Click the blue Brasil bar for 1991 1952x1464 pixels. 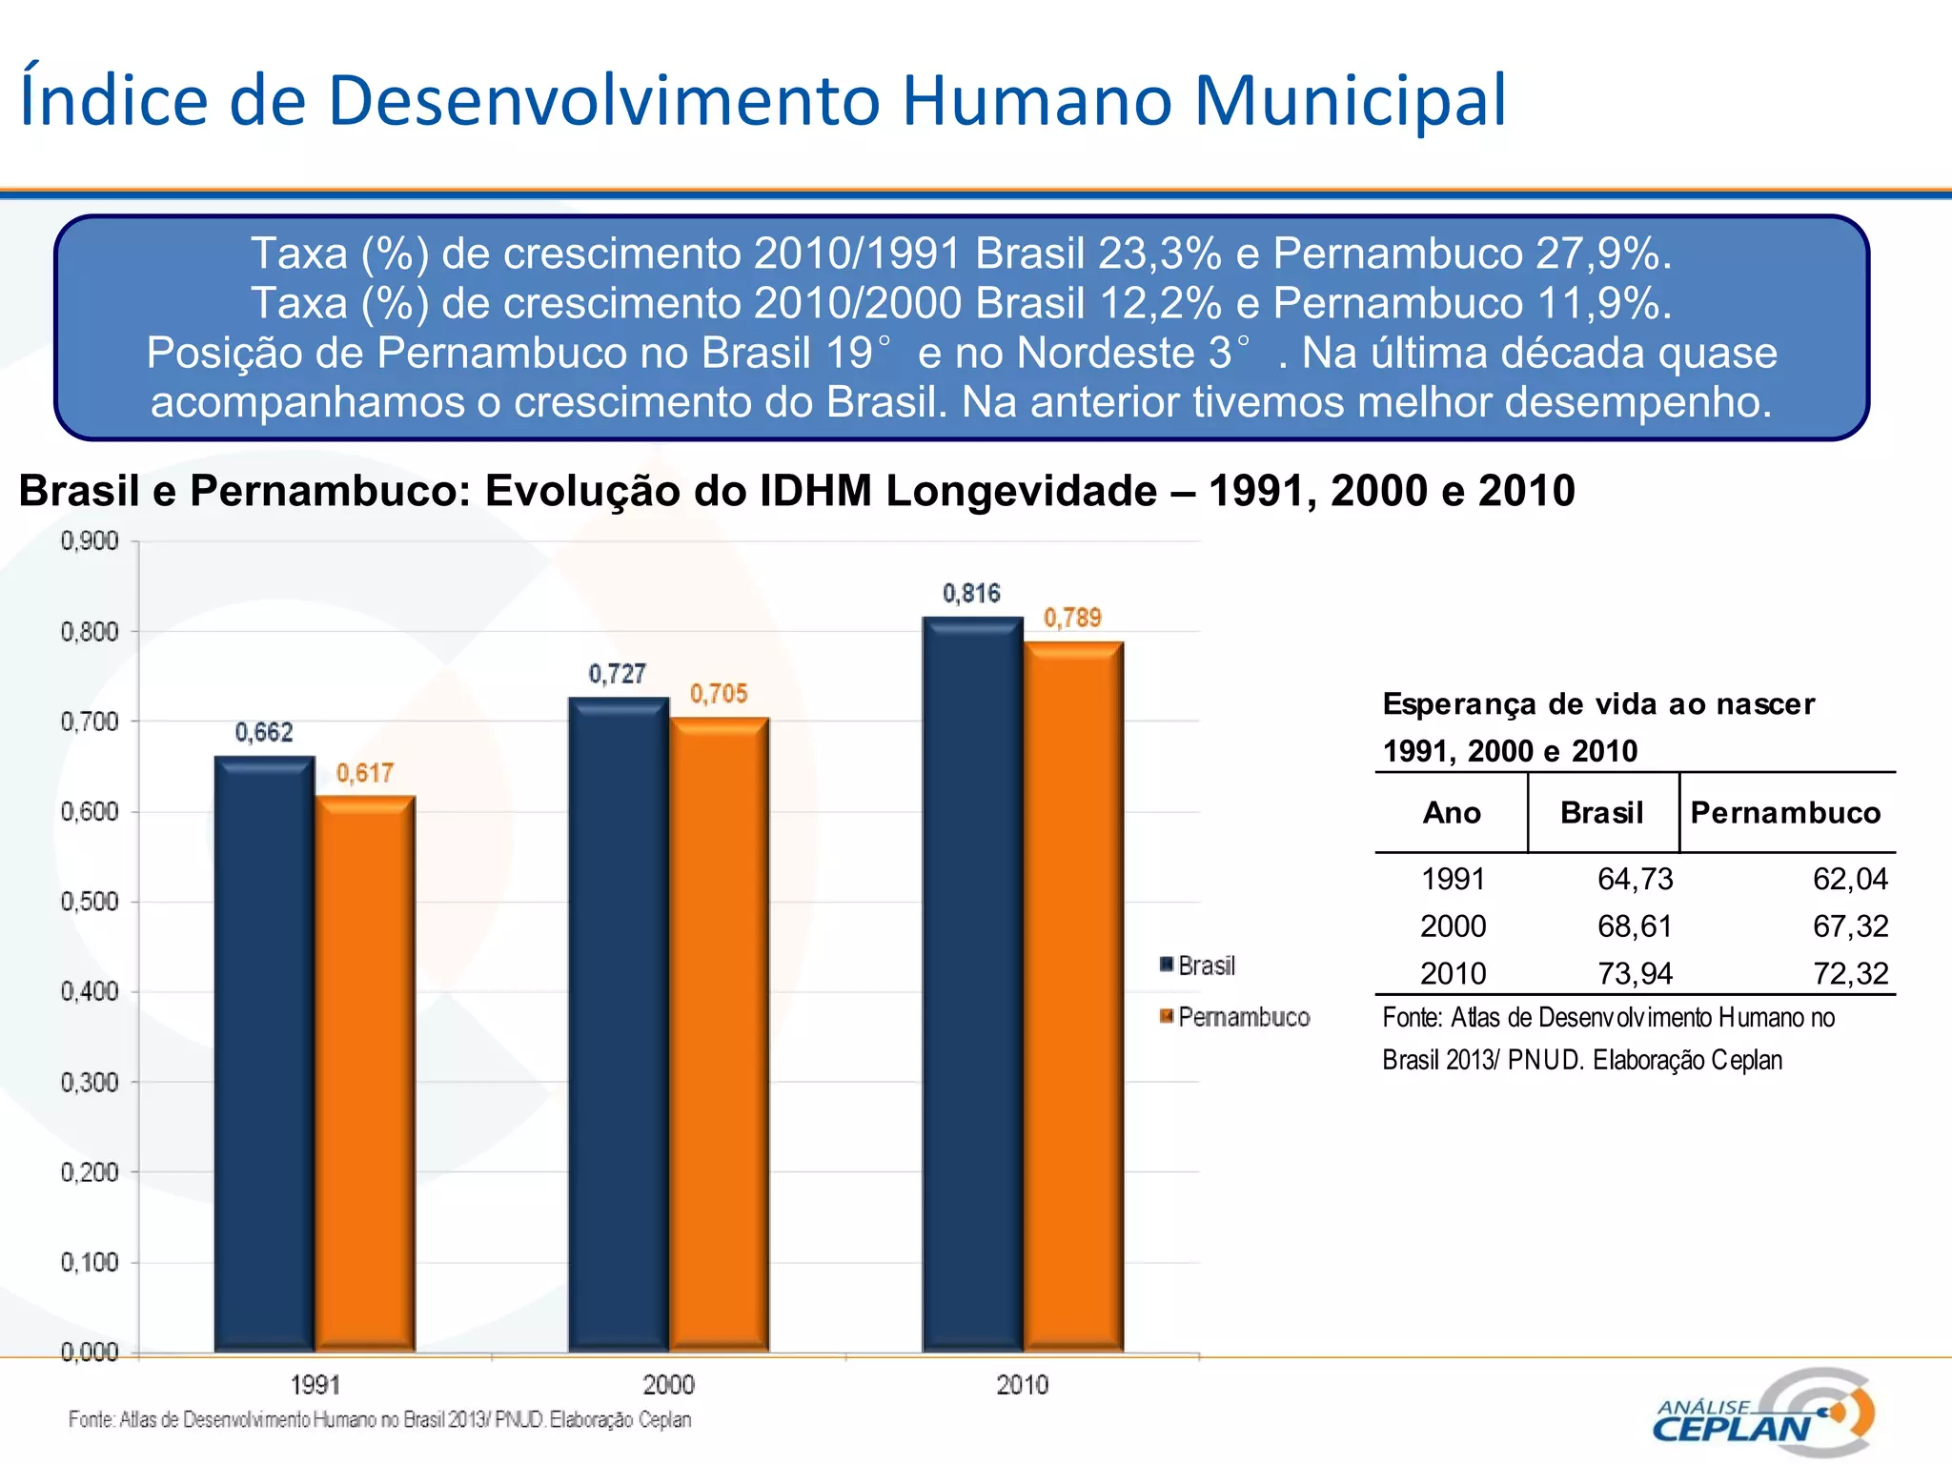(264, 1053)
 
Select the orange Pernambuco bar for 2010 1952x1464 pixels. (1074, 996)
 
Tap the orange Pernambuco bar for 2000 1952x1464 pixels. (720, 1034)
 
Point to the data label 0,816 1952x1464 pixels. (971, 594)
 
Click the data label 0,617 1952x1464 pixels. (364, 773)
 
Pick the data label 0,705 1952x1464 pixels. (719, 694)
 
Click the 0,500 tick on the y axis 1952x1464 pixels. (90, 902)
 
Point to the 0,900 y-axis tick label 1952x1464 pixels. (90, 541)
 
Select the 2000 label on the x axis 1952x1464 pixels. (668, 1384)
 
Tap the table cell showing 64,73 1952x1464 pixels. (1635, 879)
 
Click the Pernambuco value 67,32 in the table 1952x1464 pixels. (1849, 926)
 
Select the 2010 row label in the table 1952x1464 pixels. (1453, 974)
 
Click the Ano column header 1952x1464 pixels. (1452, 813)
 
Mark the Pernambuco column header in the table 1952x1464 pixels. (1785, 813)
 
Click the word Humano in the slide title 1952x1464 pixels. (1037, 100)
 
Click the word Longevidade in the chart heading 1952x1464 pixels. (1021, 492)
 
